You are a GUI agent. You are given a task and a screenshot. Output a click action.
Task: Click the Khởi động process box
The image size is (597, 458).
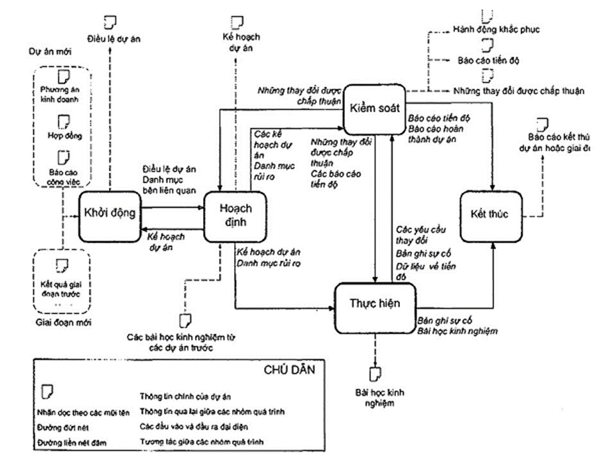tap(110, 213)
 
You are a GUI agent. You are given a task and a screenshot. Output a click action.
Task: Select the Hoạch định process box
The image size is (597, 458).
tap(235, 214)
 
